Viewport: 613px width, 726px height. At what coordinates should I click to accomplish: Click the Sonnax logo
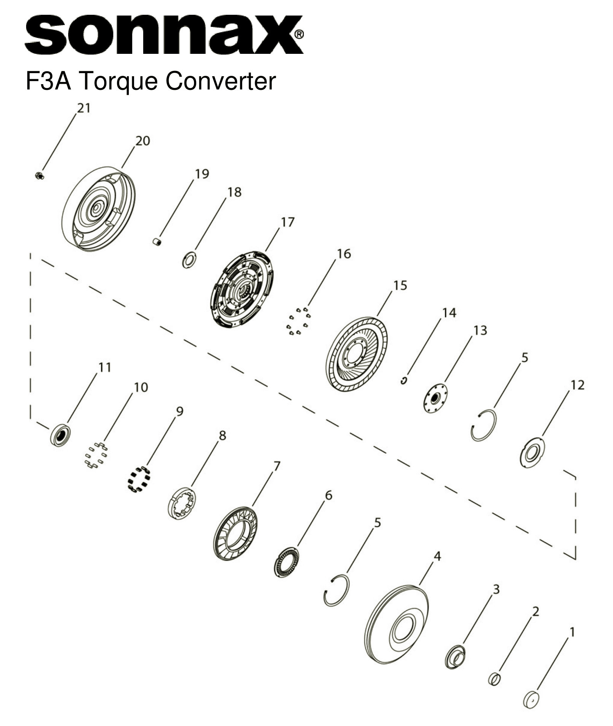point(164,35)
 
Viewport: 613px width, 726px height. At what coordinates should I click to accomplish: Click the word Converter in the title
point(221,81)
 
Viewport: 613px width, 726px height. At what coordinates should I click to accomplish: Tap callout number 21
point(84,108)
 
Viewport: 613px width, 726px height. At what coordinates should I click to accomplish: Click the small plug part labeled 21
point(39,176)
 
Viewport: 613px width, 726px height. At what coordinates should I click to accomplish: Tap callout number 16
point(344,254)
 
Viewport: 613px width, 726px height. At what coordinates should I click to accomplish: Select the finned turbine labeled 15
point(357,354)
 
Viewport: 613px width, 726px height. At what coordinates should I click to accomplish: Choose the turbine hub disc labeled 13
point(435,398)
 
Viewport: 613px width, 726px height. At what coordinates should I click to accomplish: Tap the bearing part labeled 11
point(60,436)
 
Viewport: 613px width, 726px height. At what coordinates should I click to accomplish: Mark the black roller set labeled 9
point(138,480)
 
